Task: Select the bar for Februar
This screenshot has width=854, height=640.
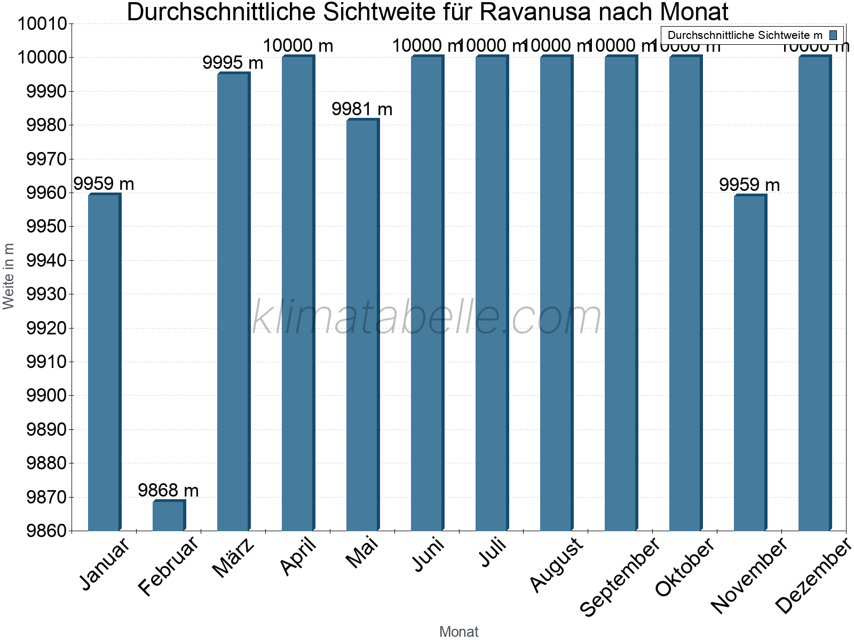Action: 169,516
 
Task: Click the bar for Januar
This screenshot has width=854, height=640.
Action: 104,363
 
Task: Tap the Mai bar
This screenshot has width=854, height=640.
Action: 362,325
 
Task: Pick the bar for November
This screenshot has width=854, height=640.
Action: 750,363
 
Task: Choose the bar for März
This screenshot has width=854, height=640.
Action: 233,302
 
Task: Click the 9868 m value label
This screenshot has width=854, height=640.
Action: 168,490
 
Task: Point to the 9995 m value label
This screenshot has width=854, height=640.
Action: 233,63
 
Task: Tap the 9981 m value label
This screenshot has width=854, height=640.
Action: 362,109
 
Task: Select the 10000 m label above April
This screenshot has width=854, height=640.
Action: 298,46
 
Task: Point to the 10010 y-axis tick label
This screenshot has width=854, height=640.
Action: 42,24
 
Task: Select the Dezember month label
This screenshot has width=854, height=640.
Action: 813,576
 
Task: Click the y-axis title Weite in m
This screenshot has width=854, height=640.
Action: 9,276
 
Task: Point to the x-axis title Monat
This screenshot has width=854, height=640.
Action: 458,631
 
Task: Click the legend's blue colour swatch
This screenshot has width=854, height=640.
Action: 833,35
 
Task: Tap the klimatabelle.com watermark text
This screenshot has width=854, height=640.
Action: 426,317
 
